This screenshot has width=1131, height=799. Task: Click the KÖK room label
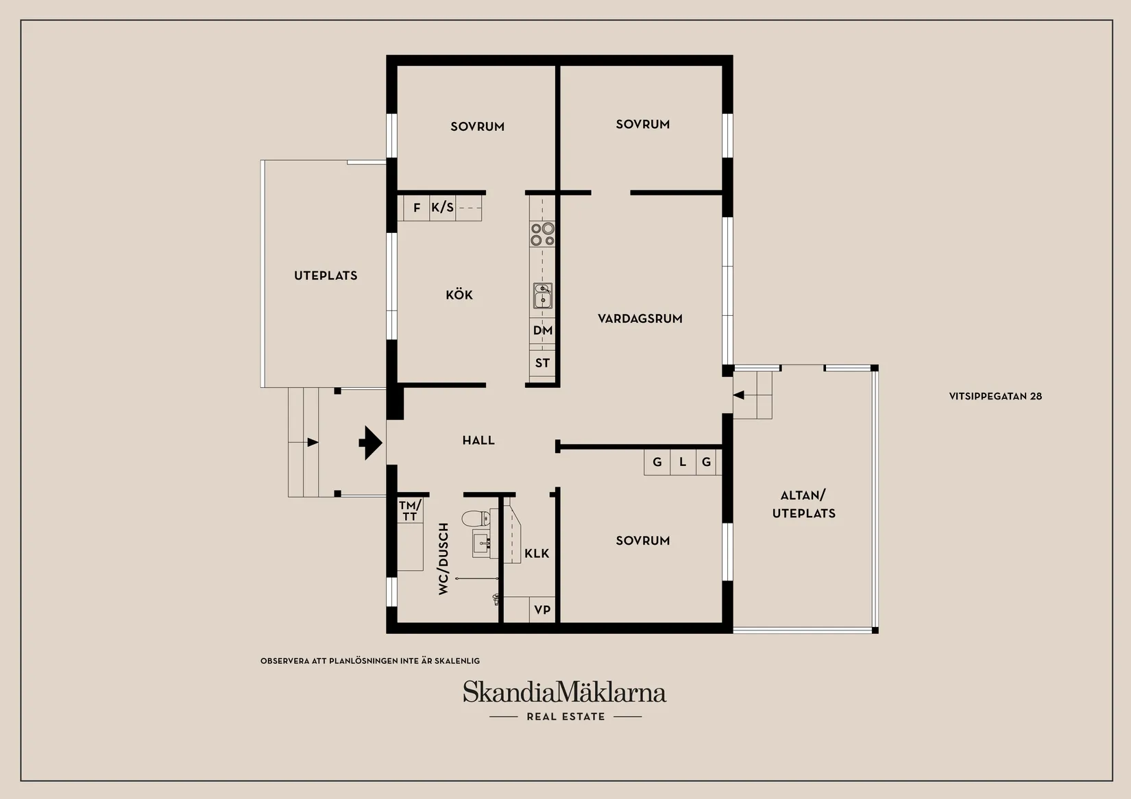(x=459, y=295)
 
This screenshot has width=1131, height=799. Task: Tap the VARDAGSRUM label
(x=640, y=319)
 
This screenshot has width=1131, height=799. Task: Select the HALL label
(x=478, y=441)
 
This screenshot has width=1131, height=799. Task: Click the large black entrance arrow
(x=371, y=443)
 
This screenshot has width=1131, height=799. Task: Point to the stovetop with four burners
(x=542, y=234)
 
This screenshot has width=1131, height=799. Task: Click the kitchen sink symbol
(x=543, y=297)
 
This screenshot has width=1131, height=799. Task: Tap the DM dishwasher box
(x=543, y=330)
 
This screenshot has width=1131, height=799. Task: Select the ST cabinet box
(x=543, y=363)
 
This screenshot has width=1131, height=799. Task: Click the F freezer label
(x=417, y=208)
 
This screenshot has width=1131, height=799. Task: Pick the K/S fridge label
(x=442, y=208)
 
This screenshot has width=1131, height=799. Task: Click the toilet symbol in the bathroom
(x=474, y=519)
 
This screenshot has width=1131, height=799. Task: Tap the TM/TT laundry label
(x=410, y=511)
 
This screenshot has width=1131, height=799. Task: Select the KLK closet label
(x=537, y=553)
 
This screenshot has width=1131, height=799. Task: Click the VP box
(x=542, y=610)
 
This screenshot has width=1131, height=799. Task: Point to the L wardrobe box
(x=683, y=463)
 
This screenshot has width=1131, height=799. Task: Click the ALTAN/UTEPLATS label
(x=804, y=504)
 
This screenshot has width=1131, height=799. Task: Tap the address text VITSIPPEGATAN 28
(x=995, y=396)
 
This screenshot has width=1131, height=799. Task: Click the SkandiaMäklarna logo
(x=564, y=692)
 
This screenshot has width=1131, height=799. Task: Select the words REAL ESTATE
(x=565, y=717)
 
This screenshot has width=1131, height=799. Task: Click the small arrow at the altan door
(x=738, y=395)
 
